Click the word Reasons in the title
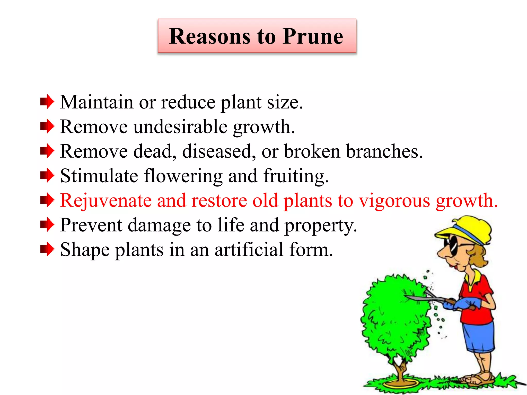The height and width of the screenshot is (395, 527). click(210, 37)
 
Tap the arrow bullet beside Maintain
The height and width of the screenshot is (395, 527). click(47, 102)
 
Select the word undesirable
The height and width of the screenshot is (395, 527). click(180, 127)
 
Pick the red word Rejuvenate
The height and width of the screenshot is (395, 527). click(106, 201)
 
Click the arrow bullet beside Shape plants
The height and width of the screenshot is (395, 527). click(47, 249)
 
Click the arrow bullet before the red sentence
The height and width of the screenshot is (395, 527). click(47, 200)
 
